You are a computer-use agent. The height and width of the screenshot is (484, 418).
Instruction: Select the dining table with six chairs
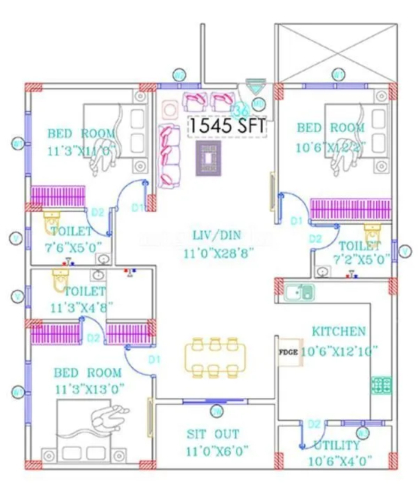tap(215, 356)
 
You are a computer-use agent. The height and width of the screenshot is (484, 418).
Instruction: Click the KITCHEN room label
tap(339, 331)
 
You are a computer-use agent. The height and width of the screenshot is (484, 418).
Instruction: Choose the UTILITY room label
tap(337, 445)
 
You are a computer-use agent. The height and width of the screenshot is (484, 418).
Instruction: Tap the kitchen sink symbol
tap(298, 291)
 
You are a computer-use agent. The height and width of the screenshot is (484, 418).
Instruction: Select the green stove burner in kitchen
tap(381, 384)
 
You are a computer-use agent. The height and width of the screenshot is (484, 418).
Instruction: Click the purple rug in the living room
tap(209, 160)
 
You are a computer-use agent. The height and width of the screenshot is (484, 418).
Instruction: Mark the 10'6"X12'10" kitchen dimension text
tap(338, 351)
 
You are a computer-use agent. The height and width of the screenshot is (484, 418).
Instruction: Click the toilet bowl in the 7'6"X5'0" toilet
tap(53, 224)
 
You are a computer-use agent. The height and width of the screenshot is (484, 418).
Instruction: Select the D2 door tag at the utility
tap(315, 424)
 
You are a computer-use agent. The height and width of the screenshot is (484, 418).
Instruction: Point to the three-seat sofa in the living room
tap(167, 155)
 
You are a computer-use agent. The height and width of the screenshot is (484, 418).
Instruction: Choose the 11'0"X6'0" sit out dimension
tap(217, 451)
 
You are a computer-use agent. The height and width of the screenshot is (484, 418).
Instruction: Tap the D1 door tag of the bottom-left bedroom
tap(154, 360)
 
